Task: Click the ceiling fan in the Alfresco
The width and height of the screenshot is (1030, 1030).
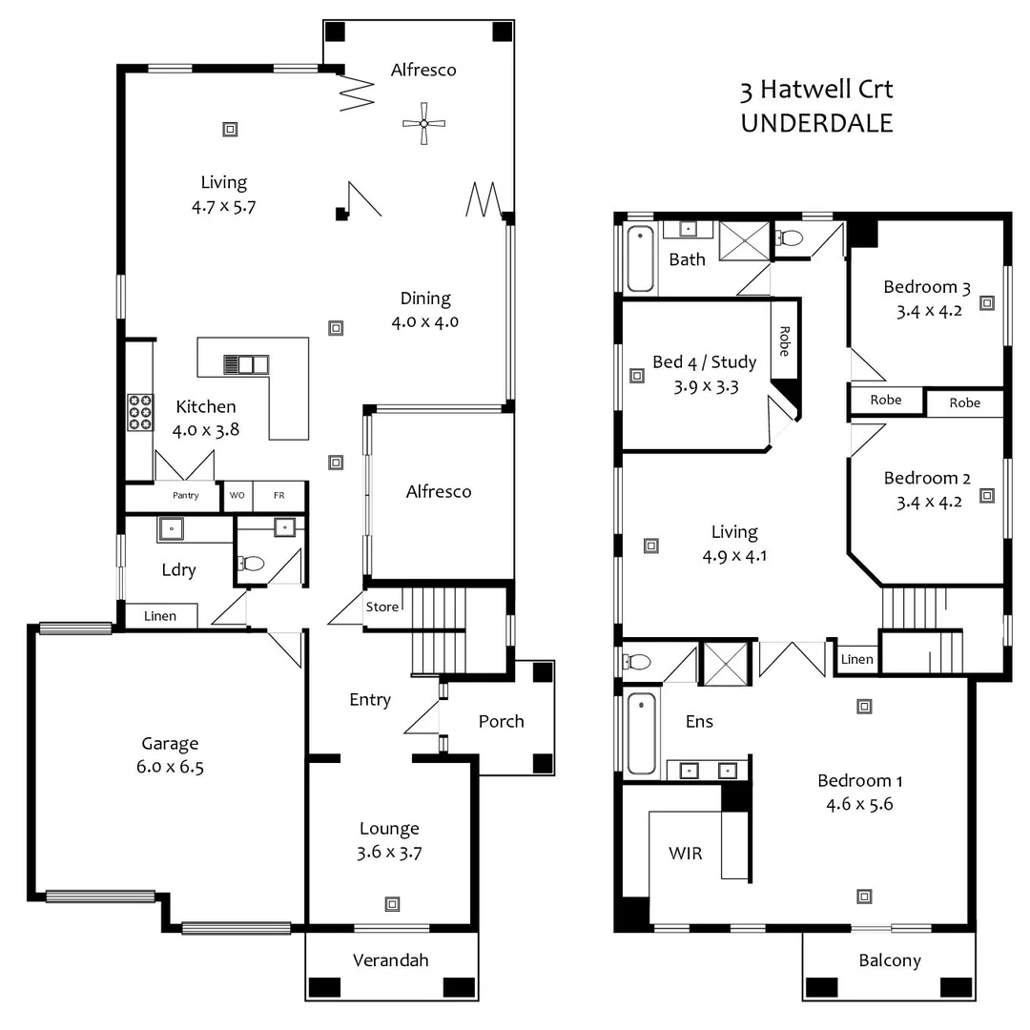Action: [423, 123]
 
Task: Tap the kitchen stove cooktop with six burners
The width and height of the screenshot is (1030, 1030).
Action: [140, 412]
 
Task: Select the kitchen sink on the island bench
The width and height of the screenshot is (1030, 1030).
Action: [246, 363]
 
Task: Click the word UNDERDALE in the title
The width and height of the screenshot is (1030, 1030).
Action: [816, 123]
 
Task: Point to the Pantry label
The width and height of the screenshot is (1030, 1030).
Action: [186, 496]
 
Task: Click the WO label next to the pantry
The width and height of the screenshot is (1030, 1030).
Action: [237, 496]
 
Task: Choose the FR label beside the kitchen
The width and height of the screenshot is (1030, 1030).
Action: [279, 496]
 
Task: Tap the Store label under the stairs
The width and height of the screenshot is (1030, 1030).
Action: [382, 607]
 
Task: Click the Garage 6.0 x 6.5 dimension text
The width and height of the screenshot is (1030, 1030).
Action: [170, 766]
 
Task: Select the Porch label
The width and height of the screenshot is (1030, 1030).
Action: [501, 721]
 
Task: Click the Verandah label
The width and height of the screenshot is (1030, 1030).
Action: [390, 959]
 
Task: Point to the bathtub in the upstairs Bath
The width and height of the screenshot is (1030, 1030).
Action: [640, 257]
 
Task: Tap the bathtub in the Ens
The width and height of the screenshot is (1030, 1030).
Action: [641, 732]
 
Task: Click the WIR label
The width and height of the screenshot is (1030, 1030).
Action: [685, 853]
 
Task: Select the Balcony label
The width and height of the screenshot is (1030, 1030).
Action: [889, 959]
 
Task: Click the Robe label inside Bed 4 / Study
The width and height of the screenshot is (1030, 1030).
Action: [784, 341]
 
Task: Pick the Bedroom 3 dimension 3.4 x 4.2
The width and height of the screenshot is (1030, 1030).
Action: [926, 309]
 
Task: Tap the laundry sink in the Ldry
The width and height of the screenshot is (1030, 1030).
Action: [172, 527]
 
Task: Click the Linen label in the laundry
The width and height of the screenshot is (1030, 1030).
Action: [160, 616]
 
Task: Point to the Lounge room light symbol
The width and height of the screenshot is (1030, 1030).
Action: [391, 903]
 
